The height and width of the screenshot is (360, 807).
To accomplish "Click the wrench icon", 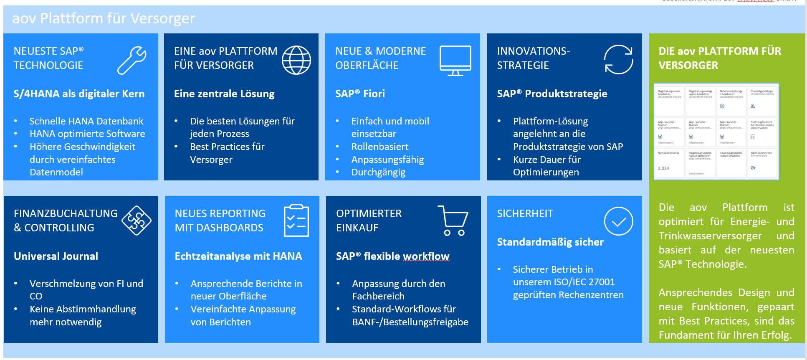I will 132,60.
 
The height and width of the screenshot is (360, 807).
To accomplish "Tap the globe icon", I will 296,60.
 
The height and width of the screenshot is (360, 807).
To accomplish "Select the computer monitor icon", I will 455,61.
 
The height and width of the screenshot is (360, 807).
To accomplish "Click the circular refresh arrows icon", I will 619,60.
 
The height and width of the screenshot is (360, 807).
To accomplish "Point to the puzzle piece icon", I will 137,221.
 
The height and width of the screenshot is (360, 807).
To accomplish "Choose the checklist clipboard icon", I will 296,221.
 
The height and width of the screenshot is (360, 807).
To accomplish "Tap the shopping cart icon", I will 453,221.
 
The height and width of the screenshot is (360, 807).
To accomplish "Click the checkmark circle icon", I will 619,221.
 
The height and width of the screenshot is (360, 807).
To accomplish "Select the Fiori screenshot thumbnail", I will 716,132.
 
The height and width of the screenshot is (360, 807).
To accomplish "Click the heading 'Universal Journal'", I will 56,256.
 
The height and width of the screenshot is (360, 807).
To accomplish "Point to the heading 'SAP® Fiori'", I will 360,94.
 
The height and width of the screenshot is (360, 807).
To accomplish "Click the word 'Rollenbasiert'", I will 380,147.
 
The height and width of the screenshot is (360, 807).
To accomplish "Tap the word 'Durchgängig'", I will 378,172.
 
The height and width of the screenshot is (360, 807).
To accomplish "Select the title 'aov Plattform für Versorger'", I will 104,18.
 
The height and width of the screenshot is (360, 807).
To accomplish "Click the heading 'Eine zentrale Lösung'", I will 224,94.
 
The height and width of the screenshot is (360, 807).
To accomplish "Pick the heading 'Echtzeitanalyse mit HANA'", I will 238,256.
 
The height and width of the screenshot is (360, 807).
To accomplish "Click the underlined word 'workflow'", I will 426,256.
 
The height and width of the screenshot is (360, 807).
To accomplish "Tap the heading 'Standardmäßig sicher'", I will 550,242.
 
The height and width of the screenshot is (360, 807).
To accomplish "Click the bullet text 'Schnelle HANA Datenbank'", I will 86,121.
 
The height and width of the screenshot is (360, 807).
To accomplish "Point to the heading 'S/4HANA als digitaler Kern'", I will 79,94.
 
